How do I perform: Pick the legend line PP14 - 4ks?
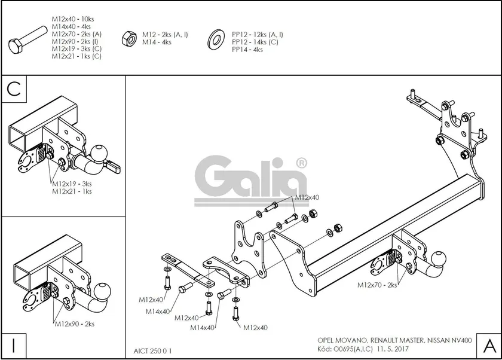tap(247, 50)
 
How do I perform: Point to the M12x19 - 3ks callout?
tap(72, 184)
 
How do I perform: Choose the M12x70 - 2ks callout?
tap(377, 285)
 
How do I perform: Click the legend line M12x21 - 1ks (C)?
tap(76, 56)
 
